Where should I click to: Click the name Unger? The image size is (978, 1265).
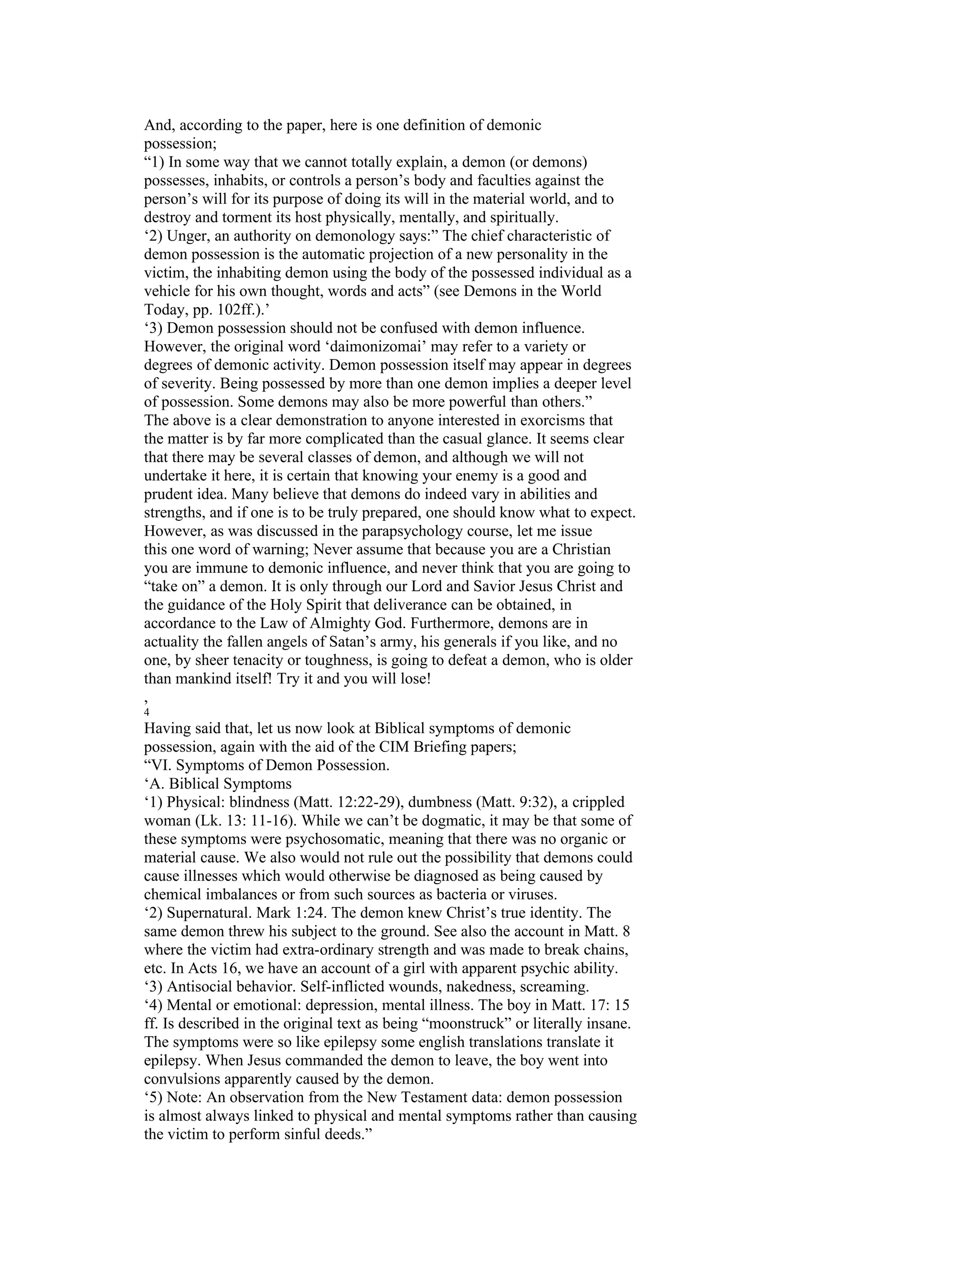click(x=187, y=236)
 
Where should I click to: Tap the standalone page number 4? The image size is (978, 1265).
click(x=147, y=712)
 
